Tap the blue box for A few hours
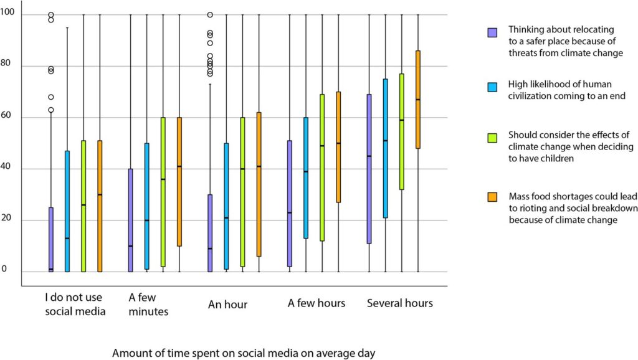coord(306,178)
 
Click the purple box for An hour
coord(210,233)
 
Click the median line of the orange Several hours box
coord(418,100)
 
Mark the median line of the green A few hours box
coord(322,146)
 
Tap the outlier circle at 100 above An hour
coord(210,14)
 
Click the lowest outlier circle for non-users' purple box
coord(51,110)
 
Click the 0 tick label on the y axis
coord(4,269)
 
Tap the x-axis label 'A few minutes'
coord(148,305)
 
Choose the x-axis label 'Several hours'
coord(399,303)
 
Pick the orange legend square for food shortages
coord(492,197)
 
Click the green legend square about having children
coord(492,136)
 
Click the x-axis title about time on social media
coord(244,353)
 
